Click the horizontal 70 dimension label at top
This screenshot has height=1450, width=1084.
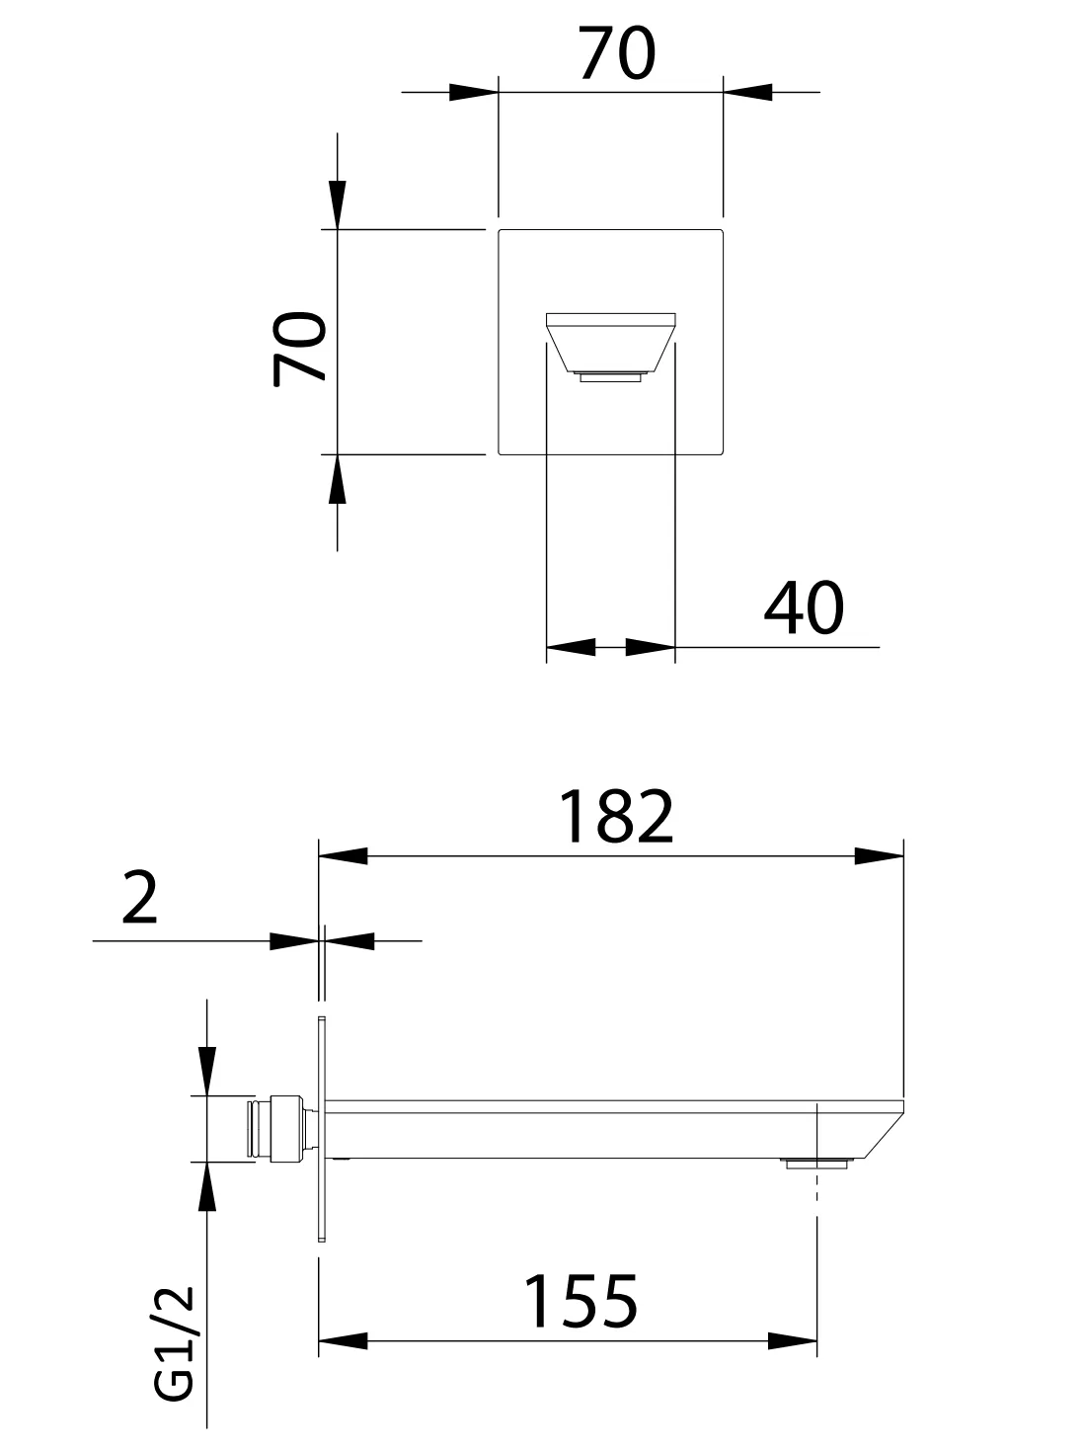[x=617, y=53]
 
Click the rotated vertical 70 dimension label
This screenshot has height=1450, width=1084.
[x=299, y=348]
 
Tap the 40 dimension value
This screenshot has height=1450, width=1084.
[x=804, y=607]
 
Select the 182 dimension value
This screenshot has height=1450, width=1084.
[x=616, y=817]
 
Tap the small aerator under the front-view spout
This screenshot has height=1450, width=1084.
[x=611, y=377]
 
